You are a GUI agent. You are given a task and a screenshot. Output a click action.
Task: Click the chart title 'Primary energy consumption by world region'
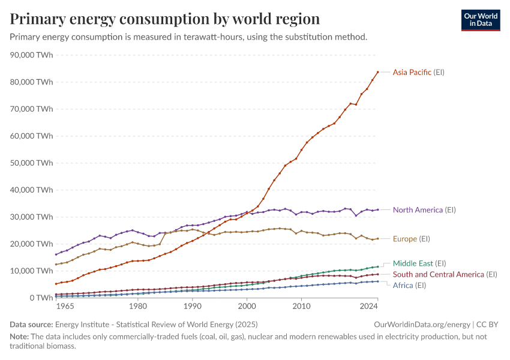pos(165,19)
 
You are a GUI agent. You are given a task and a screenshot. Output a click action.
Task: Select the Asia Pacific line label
pos(418,73)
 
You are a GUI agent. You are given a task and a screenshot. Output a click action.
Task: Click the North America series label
pos(424,210)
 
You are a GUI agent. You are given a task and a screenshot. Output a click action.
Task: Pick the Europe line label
pos(411,239)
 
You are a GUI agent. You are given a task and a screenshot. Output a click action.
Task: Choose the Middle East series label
pos(419,263)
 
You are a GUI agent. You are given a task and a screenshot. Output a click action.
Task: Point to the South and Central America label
pos(445,275)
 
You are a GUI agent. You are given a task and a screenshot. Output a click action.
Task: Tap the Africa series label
pos(409,286)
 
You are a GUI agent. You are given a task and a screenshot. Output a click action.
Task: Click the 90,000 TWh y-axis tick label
pos(32,55)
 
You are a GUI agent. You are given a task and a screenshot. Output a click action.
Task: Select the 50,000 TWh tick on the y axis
pos(32,163)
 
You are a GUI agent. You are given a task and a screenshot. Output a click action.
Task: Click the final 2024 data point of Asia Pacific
pos(377,72)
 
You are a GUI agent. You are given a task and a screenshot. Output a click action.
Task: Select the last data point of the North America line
pos(377,209)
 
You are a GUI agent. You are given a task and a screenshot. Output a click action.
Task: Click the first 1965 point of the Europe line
pos(56,265)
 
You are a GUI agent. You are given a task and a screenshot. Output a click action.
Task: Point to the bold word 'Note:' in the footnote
pos(20,337)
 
